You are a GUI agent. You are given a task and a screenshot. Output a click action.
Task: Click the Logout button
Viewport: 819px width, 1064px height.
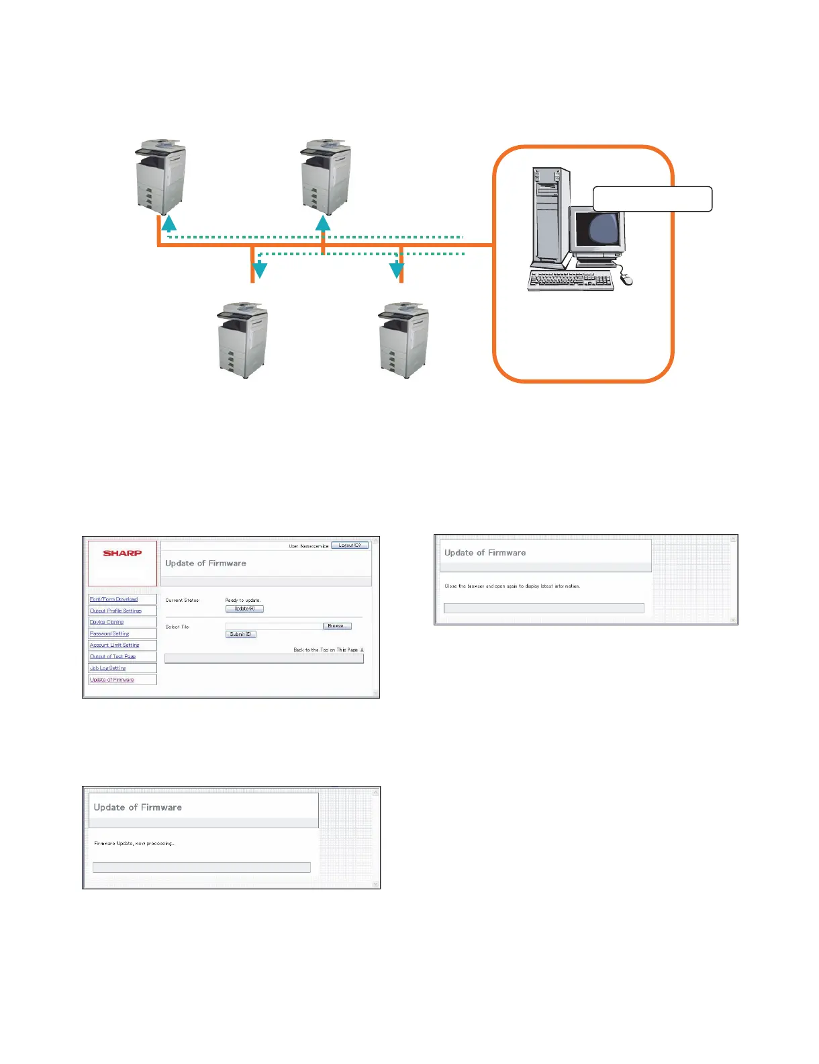(350, 545)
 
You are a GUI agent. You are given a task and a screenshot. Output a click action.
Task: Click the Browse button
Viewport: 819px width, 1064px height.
(336, 626)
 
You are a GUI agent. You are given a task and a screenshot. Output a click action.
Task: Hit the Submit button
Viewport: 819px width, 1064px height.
(240, 634)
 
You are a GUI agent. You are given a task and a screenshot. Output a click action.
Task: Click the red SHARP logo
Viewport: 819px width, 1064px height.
(122, 553)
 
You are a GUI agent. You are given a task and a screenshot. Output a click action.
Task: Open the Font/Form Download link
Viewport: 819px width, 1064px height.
(113, 599)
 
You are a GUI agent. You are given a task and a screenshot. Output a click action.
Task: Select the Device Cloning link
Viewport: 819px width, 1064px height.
(107, 622)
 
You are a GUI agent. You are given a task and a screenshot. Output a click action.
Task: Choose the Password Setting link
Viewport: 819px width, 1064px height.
(109, 633)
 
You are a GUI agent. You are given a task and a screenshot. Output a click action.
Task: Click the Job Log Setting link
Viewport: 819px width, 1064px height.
(107, 668)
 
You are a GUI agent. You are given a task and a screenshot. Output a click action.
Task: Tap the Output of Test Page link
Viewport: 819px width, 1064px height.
(113, 657)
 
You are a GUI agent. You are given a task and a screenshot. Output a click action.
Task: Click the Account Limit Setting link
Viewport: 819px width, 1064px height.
(114, 645)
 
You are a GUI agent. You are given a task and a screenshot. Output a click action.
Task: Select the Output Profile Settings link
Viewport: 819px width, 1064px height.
(115, 611)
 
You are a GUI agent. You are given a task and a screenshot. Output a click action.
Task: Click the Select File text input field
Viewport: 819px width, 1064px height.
(274, 626)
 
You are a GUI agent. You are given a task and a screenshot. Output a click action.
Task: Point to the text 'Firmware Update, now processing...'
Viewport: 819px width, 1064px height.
(134, 843)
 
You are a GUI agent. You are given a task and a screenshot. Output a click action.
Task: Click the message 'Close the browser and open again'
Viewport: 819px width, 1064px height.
(512, 586)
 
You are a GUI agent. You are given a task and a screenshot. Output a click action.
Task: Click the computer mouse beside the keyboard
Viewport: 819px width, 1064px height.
(627, 278)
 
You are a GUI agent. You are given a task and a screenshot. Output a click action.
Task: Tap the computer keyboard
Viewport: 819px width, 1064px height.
(571, 280)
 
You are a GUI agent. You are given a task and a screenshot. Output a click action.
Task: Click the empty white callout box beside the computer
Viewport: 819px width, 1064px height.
(652, 199)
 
